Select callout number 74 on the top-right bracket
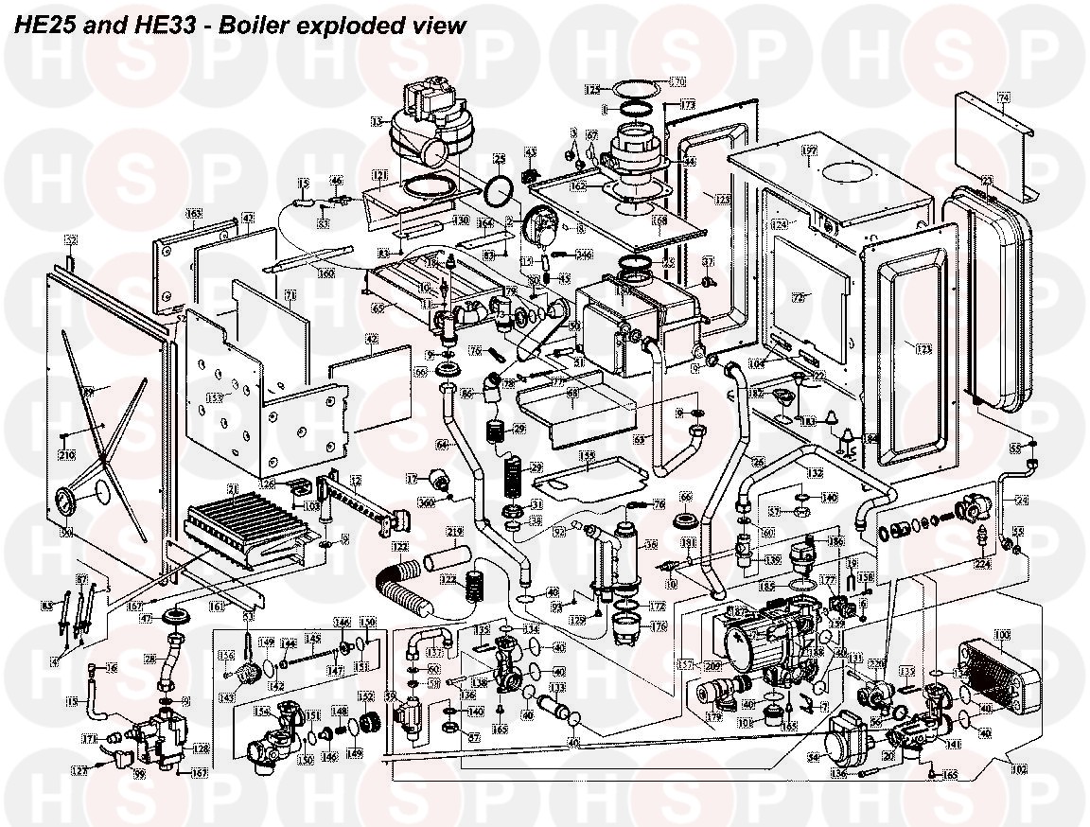pyautogui.click(x=1004, y=97)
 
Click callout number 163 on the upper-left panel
pyautogui.click(x=194, y=214)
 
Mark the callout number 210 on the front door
pyautogui.click(x=66, y=455)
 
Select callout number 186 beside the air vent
pyautogui.click(x=835, y=542)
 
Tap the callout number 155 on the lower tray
pyautogui.click(x=587, y=455)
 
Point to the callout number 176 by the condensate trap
pyautogui.click(x=657, y=626)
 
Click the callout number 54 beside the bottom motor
pyautogui.click(x=813, y=757)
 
